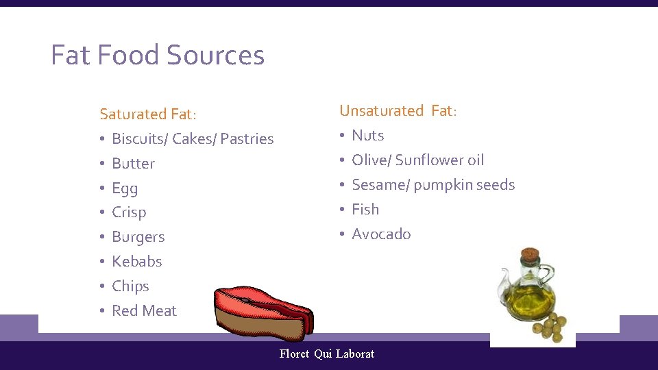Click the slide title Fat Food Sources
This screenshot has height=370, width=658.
click(158, 56)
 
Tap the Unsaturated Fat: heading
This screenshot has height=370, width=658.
click(398, 111)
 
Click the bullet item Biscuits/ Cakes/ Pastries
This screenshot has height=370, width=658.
click(193, 139)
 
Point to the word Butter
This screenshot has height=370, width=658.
click(133, 164)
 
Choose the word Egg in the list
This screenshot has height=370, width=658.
click(125, 188)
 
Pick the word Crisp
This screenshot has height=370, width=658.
click(129, 212)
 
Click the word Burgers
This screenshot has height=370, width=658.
click(138, 237)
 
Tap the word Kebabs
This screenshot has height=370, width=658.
click(137, 262)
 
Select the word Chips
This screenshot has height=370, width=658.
click(130, 286)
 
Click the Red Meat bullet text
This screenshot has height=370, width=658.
click(144, 311)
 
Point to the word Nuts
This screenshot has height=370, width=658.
click(367, 136)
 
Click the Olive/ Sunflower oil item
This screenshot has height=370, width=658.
click(417, 160)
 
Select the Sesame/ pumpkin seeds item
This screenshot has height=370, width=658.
click(433, 185)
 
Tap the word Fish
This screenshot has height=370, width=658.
click(365, 210)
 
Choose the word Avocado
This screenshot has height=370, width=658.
click(381, 234)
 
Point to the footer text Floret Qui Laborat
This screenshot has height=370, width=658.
click(327, 354)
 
